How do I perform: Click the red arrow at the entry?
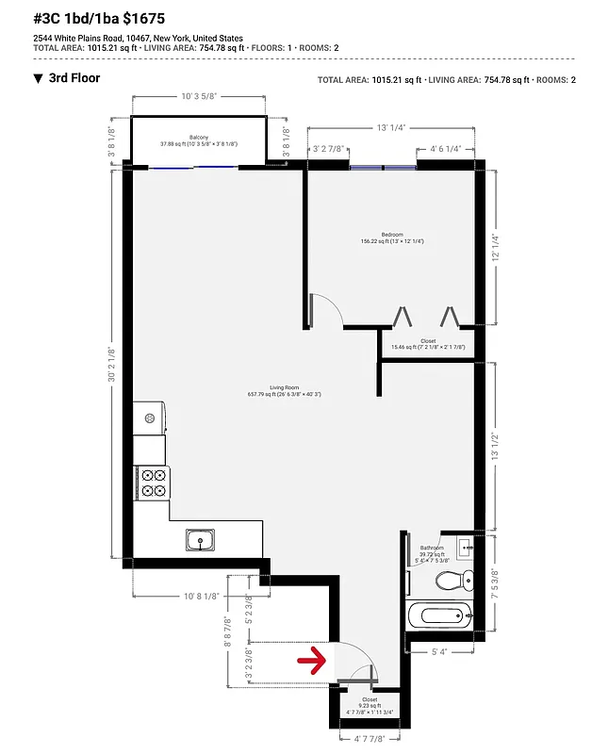pyautogui.click(x=313, y=658)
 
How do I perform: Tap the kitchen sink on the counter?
pyautogui.click(x=199, y=540)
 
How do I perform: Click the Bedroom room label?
pyautogui.click(x=392, y=235)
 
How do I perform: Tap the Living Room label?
pyautogui.click(x=284, y=387)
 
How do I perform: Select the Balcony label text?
pyautogui.click(x=198, y=138)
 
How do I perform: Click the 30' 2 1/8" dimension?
pyautogui.click(x=112, y=364)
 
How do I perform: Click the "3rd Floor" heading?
pyautogui.click(x=74, y=78)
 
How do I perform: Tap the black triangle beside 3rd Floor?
pyautogui.click(x=38, y=78)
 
